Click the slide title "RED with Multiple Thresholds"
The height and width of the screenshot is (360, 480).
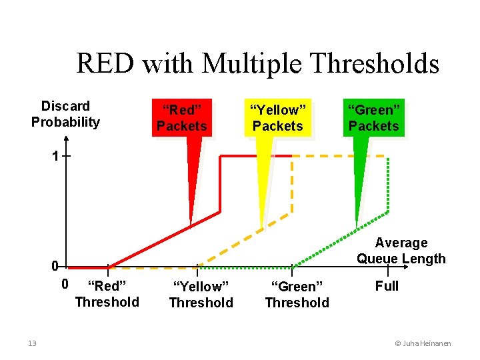(x=257, y=64)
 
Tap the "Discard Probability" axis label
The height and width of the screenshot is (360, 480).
(x=65, y=114)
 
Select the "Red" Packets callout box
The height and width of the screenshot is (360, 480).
(x=182, y=118)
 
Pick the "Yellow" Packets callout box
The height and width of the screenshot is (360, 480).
(x=277, y=118)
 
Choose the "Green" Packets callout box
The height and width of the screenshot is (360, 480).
(x=373, y=118)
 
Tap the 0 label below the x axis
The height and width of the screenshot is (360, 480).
(x=64, y=285)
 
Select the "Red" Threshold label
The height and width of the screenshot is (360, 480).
(x=107, y=294)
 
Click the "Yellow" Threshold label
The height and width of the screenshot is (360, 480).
(x=201, y=295)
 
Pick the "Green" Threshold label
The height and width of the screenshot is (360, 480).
(x=297, y=295)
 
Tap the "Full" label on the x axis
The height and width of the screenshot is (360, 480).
(x=387, y=286)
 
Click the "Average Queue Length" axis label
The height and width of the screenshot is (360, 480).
(x=401, y=251)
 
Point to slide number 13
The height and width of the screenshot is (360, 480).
(x=32, y=343)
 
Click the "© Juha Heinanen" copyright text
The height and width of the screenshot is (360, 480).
(x=423, y=343)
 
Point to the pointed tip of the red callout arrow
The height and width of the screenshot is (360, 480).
(x=191, y=225)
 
